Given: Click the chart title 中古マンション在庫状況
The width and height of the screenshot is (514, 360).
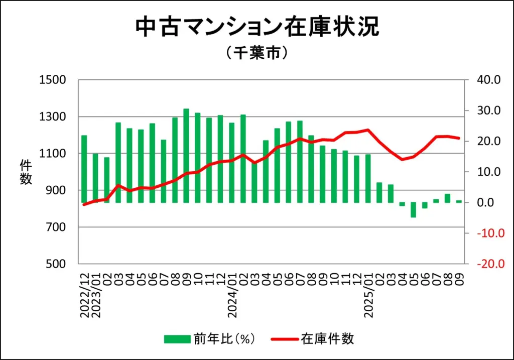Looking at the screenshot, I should click(x=257, y=28).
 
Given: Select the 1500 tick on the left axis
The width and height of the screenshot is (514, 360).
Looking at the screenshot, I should click(x=53, y=80).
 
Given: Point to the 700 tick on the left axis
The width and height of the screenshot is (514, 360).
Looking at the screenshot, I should click(x=56, y=227).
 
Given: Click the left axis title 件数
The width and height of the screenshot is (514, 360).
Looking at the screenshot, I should click(x=26, y=172).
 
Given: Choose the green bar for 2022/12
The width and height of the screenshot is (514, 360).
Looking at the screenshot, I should click(x=84, y=169).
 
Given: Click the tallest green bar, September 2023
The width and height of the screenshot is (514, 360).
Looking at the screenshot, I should click(x=186, y=156).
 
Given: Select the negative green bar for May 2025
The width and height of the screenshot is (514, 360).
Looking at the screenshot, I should click(x=414, y=210).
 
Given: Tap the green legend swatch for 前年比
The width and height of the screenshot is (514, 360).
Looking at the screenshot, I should click(x=177, y=339).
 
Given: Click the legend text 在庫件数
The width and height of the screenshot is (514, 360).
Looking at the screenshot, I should click(x=328, y=339).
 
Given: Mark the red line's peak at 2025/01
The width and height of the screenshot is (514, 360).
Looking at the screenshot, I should click(x=368, y=130).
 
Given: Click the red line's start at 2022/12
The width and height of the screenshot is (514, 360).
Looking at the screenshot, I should click(x=84, y=204).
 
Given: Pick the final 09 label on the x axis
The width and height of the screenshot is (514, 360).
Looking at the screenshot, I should click(x=459, y=276).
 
